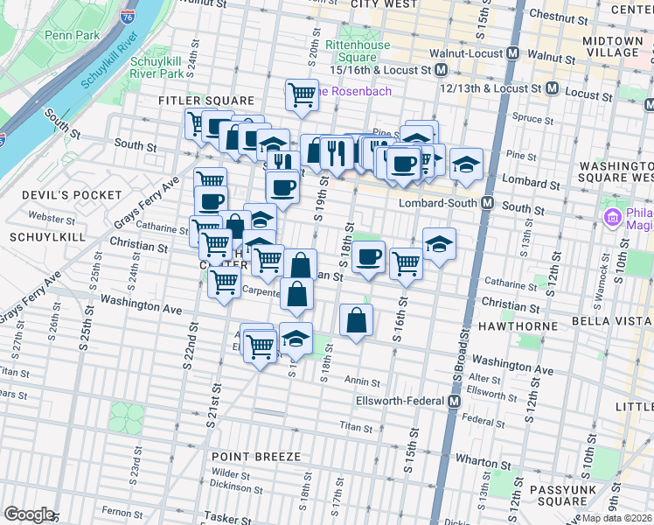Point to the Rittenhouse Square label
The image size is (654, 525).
pyautogui.click(x=351, y=51)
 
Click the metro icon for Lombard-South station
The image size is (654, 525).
pyautogui.click(x=488, y=202)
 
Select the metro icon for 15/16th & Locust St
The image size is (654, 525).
pyautogui.click(x=442, y=69)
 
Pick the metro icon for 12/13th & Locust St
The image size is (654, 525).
pyautogui.click(x=552, y=88)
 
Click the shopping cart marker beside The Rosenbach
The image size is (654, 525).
pyautogui.click(x=302, y=94)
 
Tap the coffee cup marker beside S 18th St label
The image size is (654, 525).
pyautogui.click(x=370, y=256)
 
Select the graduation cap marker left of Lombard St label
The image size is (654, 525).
pyautogui.click(x=467, y=164)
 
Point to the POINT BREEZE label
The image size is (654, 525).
pyautogui.click(x=256, y=457)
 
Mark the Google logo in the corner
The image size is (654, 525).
pyautogui.click(x=29, y=514)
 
